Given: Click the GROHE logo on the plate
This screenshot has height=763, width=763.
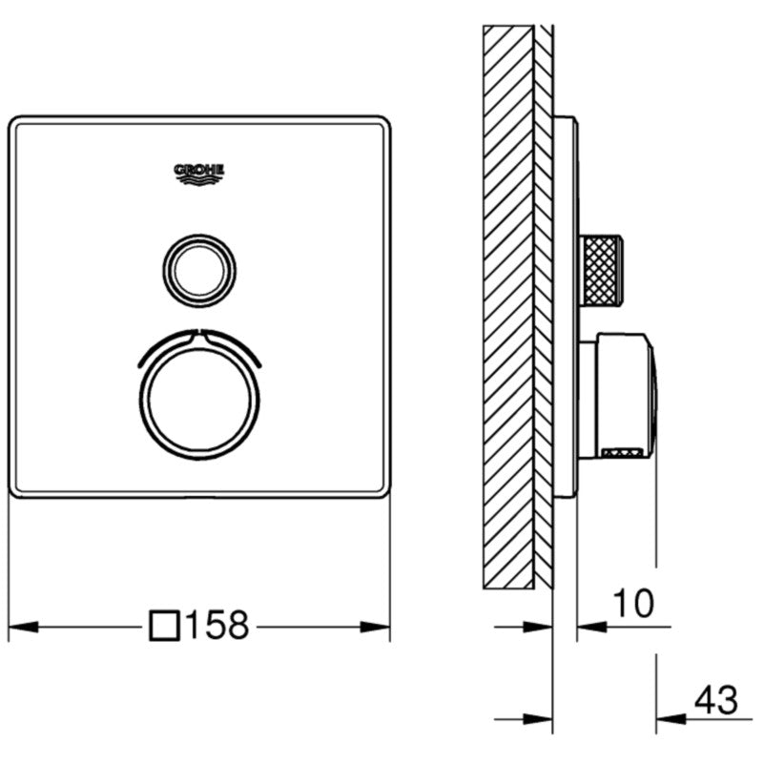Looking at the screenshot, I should click(x=199, y=173).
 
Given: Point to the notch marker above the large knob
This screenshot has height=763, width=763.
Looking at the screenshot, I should click(x=199, y=333).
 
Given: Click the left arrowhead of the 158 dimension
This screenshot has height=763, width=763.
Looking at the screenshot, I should click(x=21, y=627).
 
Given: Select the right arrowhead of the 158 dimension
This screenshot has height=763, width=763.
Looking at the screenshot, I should click(x=378, y=627).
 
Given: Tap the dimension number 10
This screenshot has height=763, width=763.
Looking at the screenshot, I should click(x=631, y=603).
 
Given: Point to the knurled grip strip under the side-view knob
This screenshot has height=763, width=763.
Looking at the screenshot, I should click(x=626, y=453).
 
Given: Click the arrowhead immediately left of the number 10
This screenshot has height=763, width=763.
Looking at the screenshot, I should click(x=591, y=627).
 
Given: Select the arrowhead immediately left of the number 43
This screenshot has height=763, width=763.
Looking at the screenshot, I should click(x=668, y=718).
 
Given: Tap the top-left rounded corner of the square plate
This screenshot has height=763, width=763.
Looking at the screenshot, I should click(x=17, y=125).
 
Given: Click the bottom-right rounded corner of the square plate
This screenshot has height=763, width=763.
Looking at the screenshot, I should click(x=383, y=490).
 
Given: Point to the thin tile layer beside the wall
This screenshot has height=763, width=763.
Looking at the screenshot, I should click(x=544, y=305).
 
